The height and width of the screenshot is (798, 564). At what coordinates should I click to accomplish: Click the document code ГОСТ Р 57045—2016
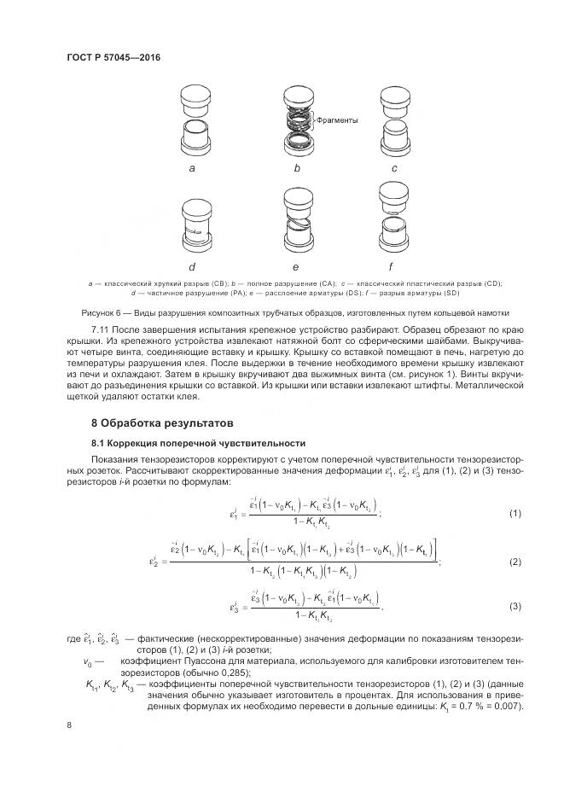pos(113,57)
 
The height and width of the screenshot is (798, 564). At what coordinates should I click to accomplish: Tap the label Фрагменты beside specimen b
pos(336,120)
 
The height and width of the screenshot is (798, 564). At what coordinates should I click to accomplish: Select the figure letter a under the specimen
pos(193,169)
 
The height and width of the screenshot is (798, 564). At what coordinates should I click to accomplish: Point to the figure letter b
pos(297,169)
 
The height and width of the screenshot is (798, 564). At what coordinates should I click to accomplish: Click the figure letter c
pos(394,169)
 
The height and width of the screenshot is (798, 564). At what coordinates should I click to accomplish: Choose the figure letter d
pos(193,269)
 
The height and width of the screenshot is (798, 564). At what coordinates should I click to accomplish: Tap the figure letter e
pos(295,269)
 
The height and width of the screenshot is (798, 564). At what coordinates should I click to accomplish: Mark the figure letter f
pos(394,269)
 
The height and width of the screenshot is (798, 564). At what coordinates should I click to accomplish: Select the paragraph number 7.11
pos(103,329)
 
